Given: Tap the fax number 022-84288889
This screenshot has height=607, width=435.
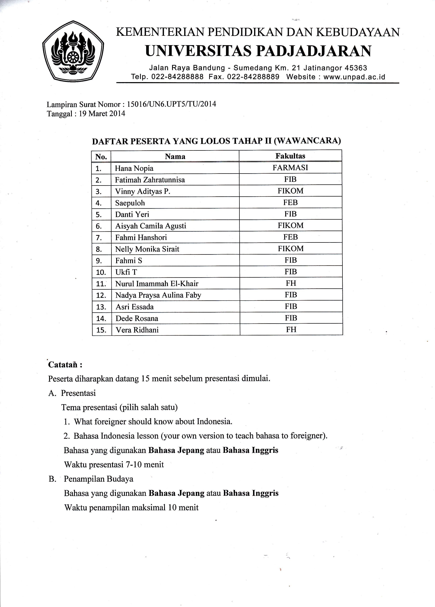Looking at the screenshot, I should (253, 77).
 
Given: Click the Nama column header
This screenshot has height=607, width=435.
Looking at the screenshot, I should (175, 156).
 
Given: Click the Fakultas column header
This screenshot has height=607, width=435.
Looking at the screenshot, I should (290, 156).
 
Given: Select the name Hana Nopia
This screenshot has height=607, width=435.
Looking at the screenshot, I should (134, 168).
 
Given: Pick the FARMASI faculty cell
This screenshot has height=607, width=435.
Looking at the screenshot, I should (290, 168).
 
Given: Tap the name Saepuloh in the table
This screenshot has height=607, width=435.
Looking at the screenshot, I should (130, 203).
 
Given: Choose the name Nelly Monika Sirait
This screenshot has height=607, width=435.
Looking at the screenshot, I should (147, 249).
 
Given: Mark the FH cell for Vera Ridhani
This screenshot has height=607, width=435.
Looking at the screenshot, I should (291, 330).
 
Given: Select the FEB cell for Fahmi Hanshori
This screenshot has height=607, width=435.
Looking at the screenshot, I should (291, 237).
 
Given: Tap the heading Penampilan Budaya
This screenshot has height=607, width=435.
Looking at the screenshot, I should (98, 479).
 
